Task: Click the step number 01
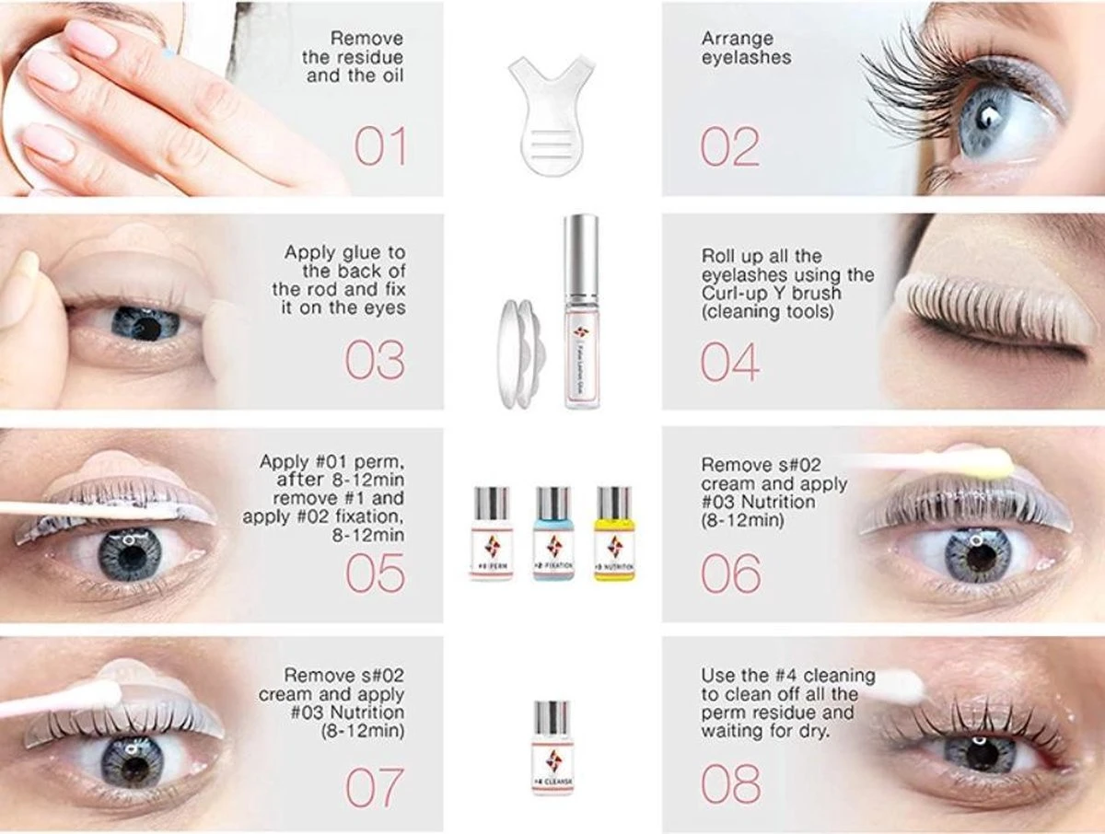380,146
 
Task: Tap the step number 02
730,146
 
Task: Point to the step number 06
731,573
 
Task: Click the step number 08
731,784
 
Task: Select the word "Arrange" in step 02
736,39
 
